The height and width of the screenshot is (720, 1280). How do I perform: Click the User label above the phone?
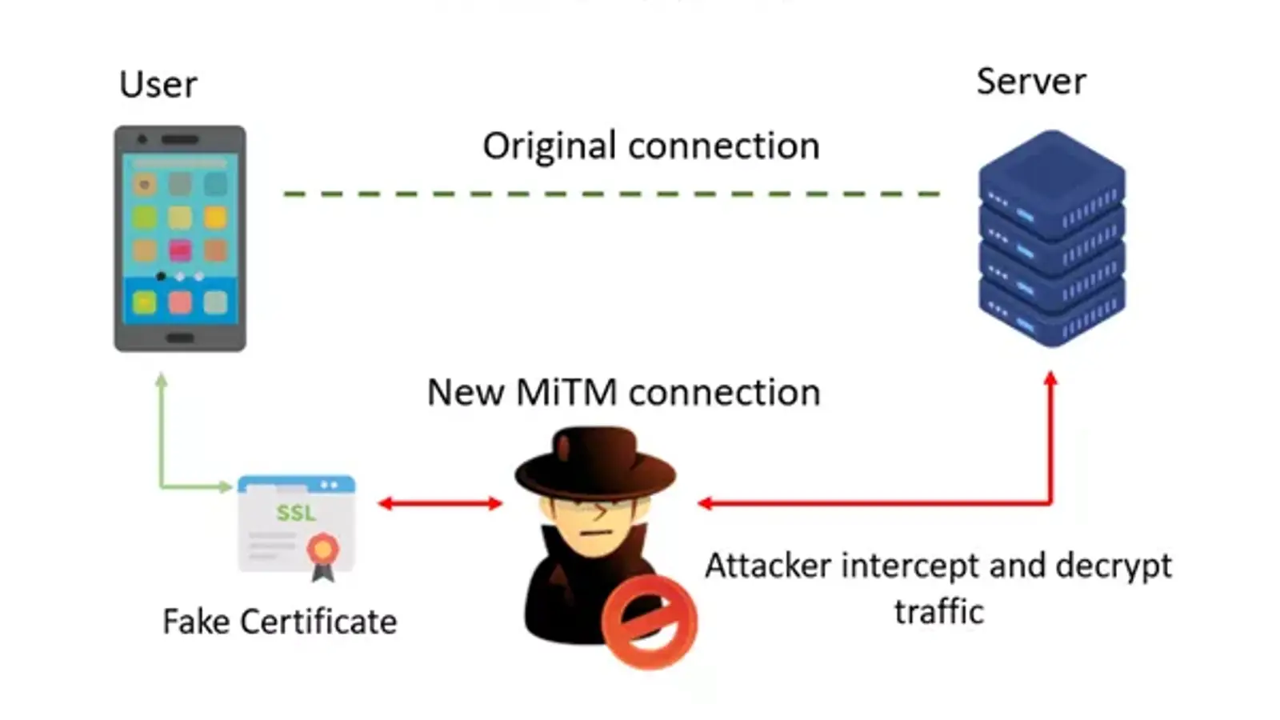[x=158, y=84]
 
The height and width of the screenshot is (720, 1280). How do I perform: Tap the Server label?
[x=1031, y=81]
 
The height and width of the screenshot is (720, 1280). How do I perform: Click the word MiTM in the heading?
[x=566, y=393]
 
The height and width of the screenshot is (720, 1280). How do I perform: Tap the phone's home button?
[x=180, y=338]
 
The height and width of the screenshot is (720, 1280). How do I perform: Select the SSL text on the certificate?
[x=296, y=513]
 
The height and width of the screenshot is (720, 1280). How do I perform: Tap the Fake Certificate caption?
[x=279, y=622]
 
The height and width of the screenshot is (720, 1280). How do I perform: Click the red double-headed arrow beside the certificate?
[x=440, y=503]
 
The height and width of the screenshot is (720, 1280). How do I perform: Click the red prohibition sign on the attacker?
[x=649, y=622]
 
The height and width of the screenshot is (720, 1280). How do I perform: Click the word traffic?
[x=938, y=612]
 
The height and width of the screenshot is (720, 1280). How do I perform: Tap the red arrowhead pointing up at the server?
[x=1050, y=378]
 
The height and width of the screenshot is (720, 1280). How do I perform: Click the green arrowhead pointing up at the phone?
[x=162, y=380]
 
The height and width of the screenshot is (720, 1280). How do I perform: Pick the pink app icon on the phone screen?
[x=180, y=250]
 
